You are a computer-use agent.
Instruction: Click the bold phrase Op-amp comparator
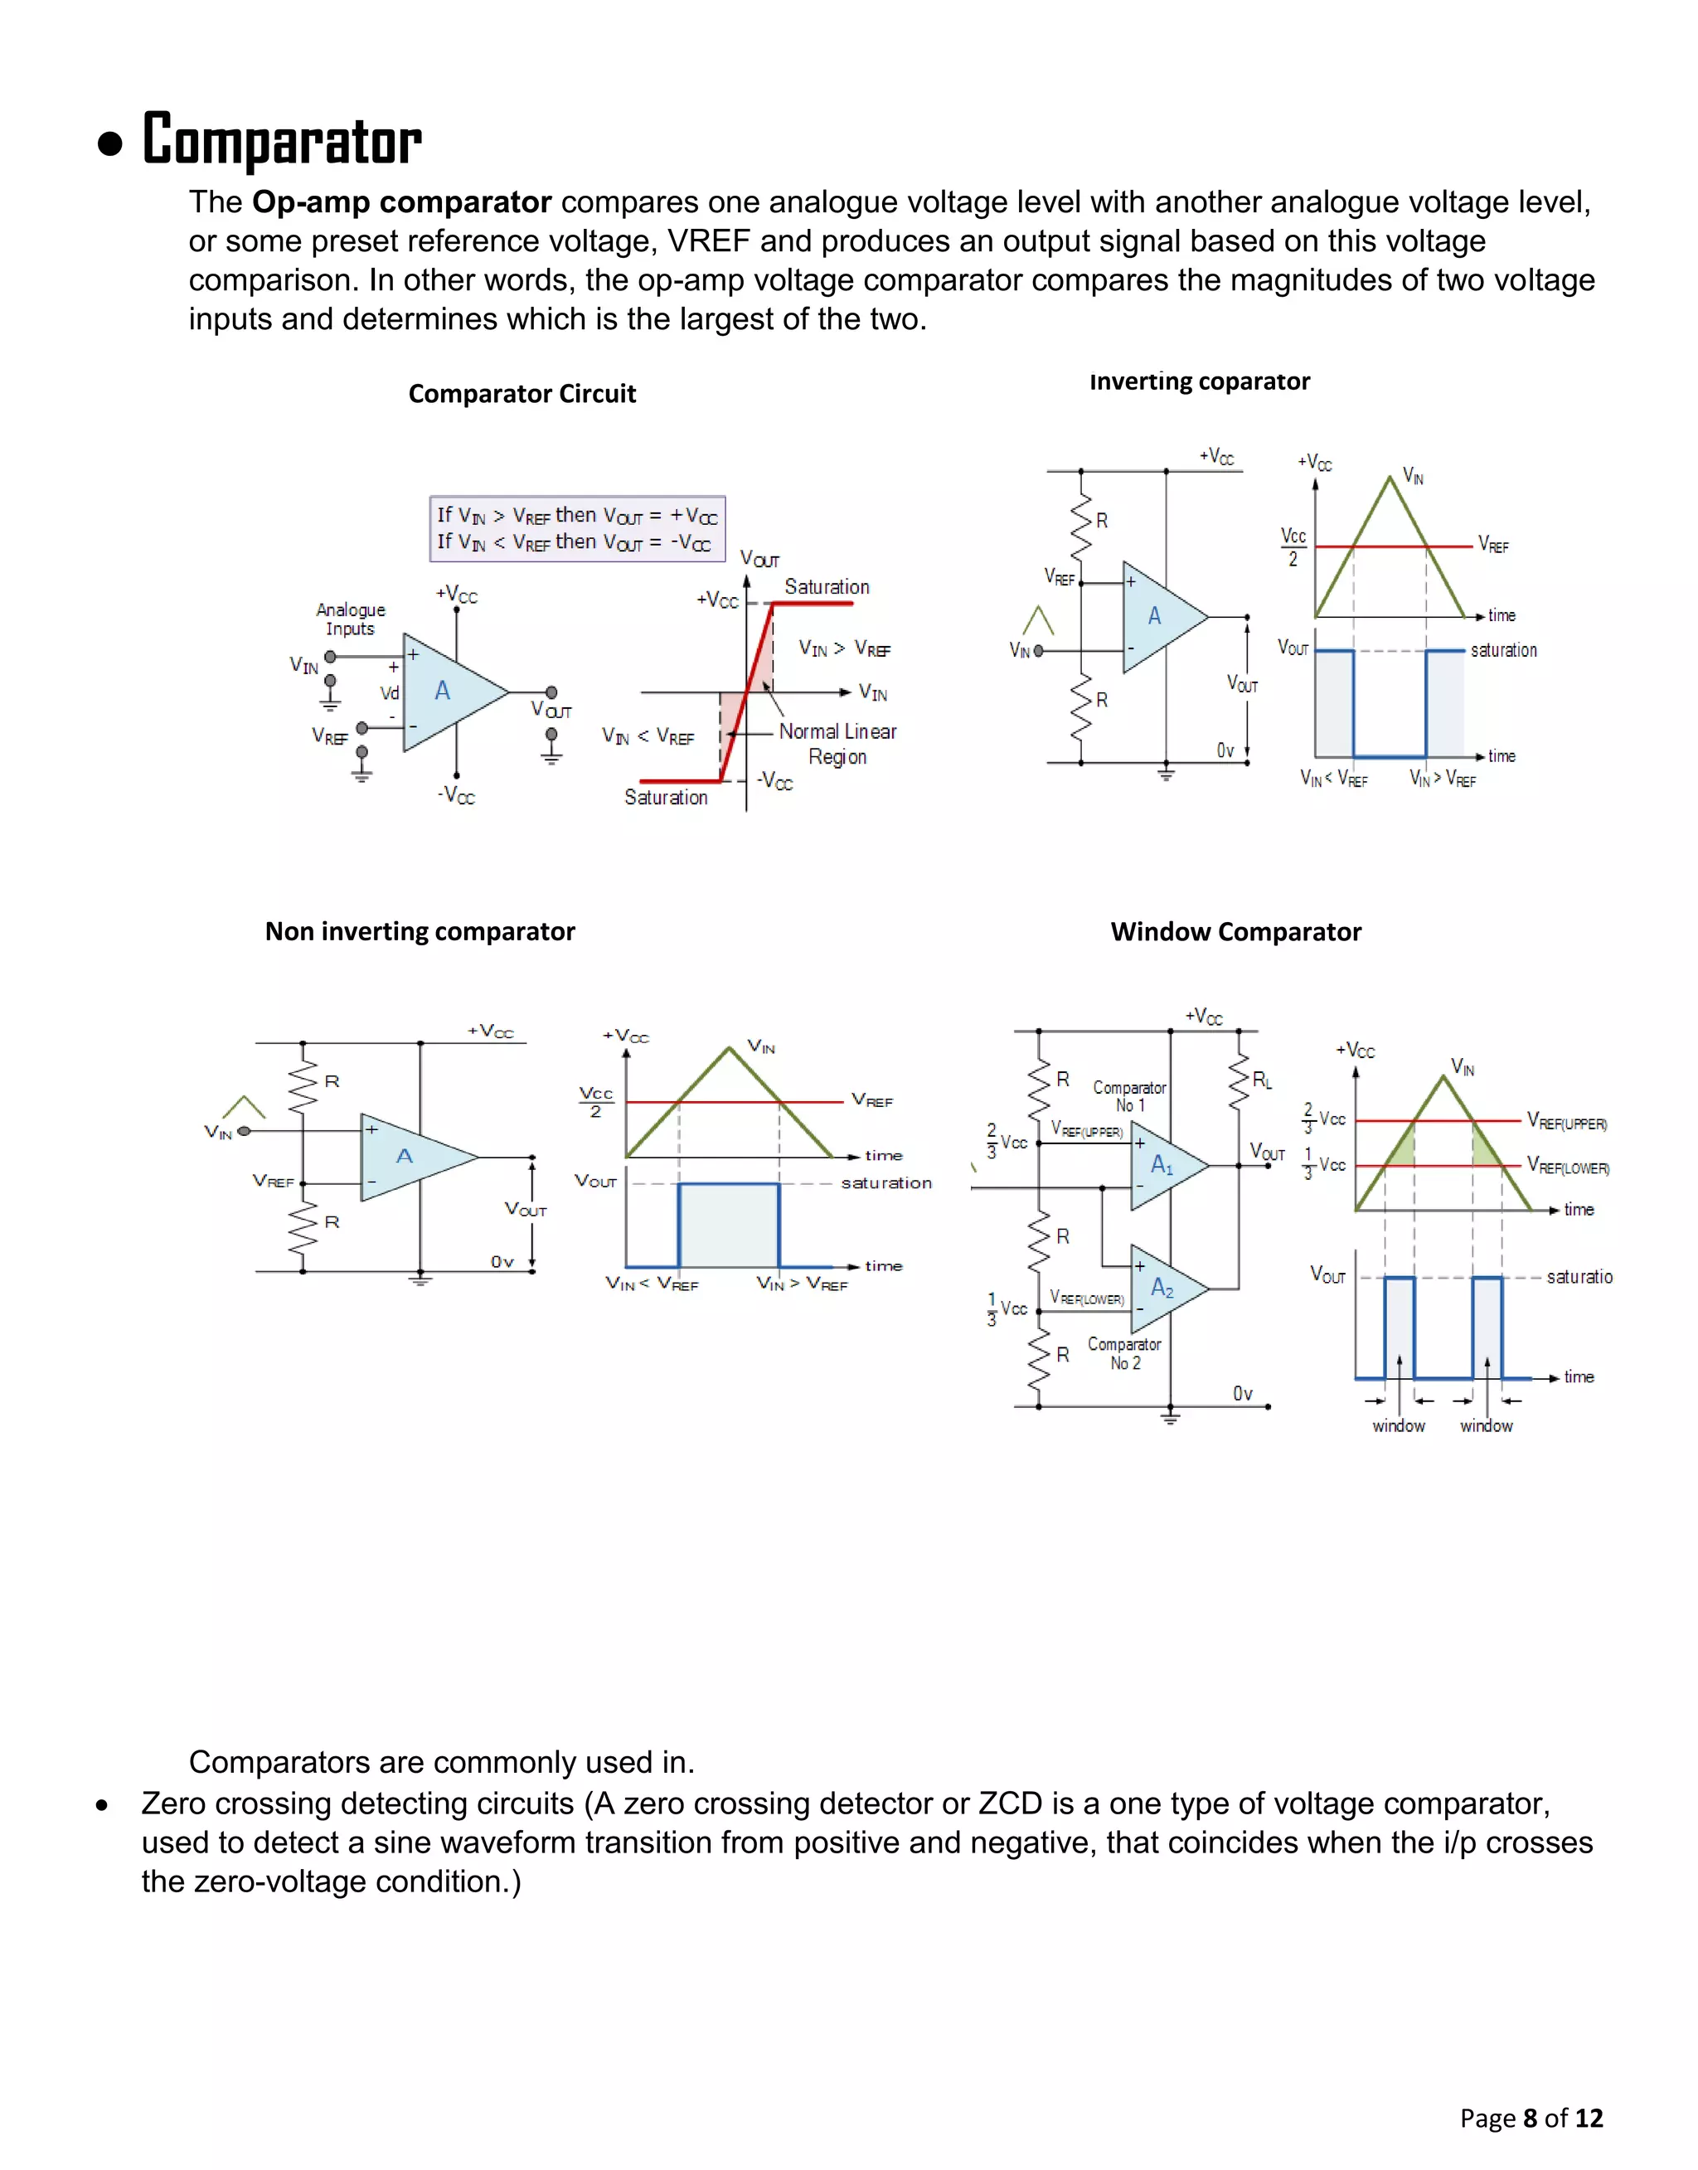click(x=400, y=201)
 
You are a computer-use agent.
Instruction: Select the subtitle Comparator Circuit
click(x=522, y=394)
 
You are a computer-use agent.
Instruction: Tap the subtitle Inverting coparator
click(x=1199, y=381)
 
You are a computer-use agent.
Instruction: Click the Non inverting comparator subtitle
click(x=420, y=931)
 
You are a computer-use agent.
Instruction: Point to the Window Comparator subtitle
click(x=1235, y=931)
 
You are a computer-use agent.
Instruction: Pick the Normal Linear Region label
click(x=837, y=744)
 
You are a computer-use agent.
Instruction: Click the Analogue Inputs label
click(x=350, y=619)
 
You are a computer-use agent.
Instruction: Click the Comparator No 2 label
click(x=1124, y=1353)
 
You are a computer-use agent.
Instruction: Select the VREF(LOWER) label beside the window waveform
click(x=1568, y=1166)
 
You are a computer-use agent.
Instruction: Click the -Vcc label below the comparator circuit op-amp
click(x=456, y=795)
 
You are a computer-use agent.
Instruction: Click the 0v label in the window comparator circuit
click(x=1243, y=1394)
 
